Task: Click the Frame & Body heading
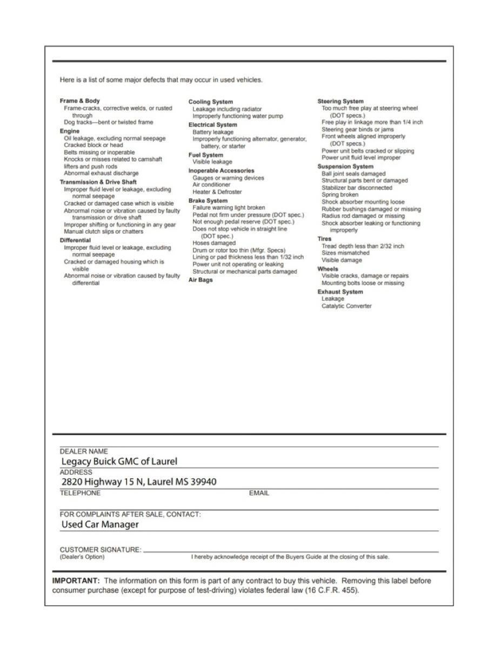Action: [x=79, y=101]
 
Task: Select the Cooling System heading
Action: [x=211, y=102]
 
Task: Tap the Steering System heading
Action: [x=340, y=101]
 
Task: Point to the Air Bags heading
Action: [x=201, y=280]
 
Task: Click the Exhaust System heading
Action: [x=340, y=292]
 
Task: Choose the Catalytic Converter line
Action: [x=346, y=306]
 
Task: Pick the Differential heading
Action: [x=75, y=240]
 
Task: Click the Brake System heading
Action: [x=208, y=201]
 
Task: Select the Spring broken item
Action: [x=340, y=195]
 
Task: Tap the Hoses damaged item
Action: [x=214, y=243]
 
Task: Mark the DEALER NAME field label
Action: [x=84, y=451]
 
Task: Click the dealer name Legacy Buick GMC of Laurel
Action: [x=119, y=461]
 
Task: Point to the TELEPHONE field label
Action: [x=80, y=493]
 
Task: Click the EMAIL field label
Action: [x=259, y=493]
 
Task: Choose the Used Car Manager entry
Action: [x=100, y=524]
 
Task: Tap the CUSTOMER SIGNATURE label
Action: [x=101, y=549]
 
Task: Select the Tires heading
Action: [x=324, y=239]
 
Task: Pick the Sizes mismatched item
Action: [x=345, y=253]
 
